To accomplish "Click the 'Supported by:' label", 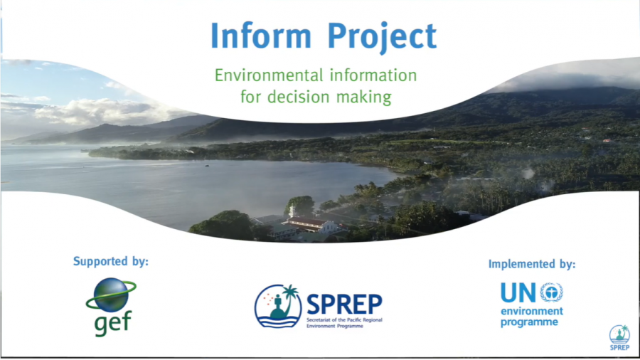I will pyautogui.click(x=111, y=261).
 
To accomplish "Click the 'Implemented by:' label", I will pyautogui.click(x=531, y=264).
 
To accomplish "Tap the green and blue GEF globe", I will pyautogui.click(x=112, y=295).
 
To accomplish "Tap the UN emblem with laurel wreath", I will pyautogui.click(x=551, y=292).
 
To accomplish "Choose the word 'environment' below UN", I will pyautogui.click(x=531, y=312).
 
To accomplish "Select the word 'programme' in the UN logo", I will pyautogui.click(x=529, y=322).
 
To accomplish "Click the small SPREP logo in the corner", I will pyautogui.click(x=619, y=337).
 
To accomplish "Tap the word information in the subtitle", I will pyautogui.click(x=373, y=75).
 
